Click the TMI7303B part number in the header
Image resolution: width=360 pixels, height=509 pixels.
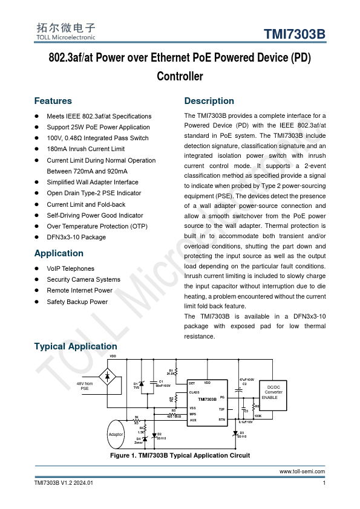(x=295, y=34)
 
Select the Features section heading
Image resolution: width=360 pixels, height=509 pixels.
(x=53, y=101)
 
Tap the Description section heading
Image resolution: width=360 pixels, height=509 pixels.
(x=209, y=101)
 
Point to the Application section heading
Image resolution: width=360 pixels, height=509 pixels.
(x=59, y=253)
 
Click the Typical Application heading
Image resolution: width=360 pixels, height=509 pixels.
(x=76, y=346)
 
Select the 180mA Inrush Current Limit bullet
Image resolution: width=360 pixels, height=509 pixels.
(x=85, y=149)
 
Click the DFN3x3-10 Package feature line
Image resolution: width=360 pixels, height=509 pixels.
(x=76, y=237)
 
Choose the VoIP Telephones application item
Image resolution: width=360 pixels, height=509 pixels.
(x=70, y=268)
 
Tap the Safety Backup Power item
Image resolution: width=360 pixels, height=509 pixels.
(x=77, y=302)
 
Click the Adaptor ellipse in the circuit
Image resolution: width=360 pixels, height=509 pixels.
(x=116, y=435)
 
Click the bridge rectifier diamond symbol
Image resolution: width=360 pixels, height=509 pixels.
(x=108, y=377)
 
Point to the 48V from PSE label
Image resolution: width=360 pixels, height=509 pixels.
(x=85, y=386)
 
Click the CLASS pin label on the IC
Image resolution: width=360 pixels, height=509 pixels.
(x=194, y=392)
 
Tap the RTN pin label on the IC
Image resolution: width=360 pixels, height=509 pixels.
(x=221, y=420)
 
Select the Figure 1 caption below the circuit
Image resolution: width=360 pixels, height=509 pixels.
(x=180, y=455)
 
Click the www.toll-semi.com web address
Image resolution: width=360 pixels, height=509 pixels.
(x=302, y=472)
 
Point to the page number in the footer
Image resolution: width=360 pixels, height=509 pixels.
(x=324, y=482)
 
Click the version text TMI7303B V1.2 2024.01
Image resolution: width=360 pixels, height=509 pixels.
(x=64, y=482)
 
